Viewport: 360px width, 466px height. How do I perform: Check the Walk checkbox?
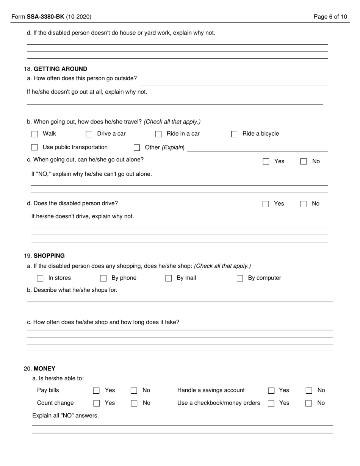coord(35,134)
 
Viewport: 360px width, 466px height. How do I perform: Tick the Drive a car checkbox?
coord(89,134)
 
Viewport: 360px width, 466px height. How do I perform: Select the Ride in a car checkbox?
coord(158,134)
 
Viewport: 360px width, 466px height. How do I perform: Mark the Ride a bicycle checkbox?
coord(234,134)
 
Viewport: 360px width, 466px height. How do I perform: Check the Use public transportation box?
coord(34,147)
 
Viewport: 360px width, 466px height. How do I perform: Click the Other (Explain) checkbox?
coord(137,148)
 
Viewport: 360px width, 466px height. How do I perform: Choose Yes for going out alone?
coord(266,161)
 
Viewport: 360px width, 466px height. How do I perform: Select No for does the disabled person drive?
coord(303,204)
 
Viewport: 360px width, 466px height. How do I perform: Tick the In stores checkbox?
coord(40,278)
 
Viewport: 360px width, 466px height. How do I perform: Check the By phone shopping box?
coord(103,278)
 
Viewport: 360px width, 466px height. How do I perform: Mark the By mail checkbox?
coord(169,278)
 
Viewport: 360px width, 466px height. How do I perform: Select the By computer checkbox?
coord(240,278)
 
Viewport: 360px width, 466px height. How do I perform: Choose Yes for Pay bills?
coord(97,391)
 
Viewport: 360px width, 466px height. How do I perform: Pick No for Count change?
coord(134,403)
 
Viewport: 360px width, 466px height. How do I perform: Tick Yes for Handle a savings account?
coord(271,391)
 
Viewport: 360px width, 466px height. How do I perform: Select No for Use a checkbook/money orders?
coord(309,403)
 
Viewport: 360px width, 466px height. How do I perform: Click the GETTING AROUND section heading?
coord(60,69)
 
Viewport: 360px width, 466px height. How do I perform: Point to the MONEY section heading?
coord(44,369)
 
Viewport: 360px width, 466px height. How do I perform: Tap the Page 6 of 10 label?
coord(330,17)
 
